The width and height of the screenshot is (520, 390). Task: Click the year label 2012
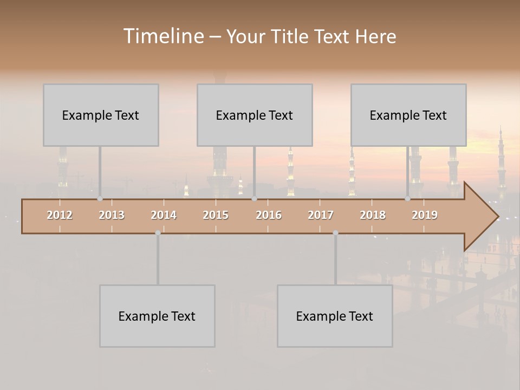point(60,215)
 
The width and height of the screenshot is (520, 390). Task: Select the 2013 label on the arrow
point(112,215)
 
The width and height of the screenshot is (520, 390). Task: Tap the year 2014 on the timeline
point(164,215)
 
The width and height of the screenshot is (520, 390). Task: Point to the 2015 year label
point(216,215)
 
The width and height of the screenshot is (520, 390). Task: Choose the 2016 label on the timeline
point(269,215)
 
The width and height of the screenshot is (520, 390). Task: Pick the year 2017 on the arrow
point(321,215)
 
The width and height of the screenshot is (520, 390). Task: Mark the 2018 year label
point(373,215)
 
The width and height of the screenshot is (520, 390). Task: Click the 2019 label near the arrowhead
point(425,215)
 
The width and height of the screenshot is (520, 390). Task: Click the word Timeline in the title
point(162,36)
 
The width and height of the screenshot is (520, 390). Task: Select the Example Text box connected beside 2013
point(101,115)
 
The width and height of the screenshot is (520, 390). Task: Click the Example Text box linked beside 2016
point(255,115)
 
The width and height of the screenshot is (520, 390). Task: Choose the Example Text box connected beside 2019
point(408,115)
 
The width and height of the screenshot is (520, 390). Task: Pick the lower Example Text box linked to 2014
point(157,316)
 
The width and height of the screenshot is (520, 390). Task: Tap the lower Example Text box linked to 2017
point(335,316)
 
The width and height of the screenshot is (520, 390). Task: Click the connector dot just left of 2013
point(100,199)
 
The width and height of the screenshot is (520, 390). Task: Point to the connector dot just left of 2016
point(254,199)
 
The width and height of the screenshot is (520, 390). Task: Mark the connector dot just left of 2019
point(407,199)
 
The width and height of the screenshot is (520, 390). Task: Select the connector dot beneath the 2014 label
point(158,233)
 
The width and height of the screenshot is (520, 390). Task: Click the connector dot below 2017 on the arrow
point(335,233)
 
